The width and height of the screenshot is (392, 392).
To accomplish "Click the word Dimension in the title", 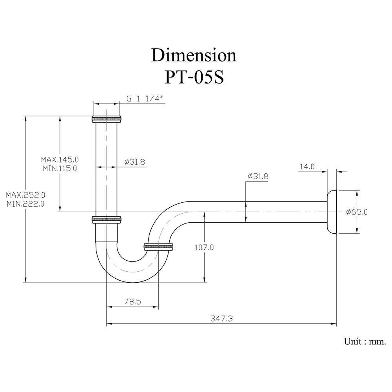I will point(194,55).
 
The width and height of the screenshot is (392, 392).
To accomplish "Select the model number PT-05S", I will point(194,77).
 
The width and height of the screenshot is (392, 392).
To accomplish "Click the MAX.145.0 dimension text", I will point(60,160).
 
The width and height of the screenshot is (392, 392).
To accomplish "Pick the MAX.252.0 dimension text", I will point(26,195).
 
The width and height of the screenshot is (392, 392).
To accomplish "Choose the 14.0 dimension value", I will point(307,167).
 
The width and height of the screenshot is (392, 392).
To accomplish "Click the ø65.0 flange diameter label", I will point(357,212).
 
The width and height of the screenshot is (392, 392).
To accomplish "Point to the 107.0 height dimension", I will point(204,247).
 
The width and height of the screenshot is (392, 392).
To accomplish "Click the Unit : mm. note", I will point(365,341).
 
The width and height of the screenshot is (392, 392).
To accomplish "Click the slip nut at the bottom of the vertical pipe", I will point(107,220).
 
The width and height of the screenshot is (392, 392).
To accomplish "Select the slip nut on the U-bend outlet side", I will point(159,247).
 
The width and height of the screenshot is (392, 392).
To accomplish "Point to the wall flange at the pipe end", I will point(332,212).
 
